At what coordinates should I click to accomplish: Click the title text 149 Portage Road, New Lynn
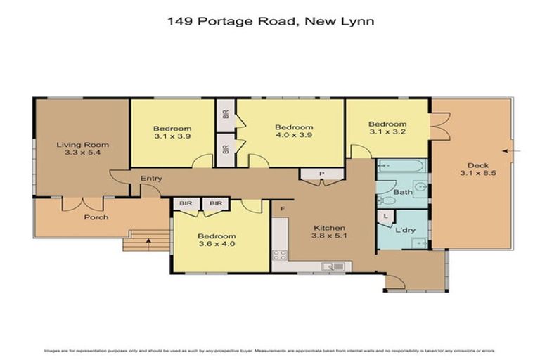270,21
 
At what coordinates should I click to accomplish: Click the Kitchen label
329,228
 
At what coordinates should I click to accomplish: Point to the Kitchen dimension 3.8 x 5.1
329,237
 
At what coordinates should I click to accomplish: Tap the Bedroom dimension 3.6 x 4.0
217,245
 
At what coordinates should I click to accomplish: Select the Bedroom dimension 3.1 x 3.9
172,137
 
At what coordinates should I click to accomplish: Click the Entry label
150,179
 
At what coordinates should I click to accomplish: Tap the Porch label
96,217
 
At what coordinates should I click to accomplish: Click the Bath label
403,191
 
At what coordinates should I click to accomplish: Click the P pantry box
321,173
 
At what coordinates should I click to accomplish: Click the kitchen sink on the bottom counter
331,266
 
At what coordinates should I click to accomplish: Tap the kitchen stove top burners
279,255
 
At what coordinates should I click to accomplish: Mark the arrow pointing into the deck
510,150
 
